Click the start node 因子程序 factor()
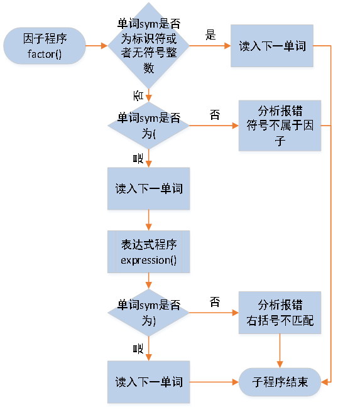(45, 46)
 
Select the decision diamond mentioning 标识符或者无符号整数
(149, 46)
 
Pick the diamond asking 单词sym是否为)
(149, 313)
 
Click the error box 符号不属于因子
(280, 125)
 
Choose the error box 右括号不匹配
(280, 313)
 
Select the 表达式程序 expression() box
(148, 252)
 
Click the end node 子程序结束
(280, 382)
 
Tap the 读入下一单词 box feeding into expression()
(148, 188)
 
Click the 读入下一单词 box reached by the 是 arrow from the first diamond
(271, 46)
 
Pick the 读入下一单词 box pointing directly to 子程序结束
(148, 382)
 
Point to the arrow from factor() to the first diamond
(96, 46)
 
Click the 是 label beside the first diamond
(210, 35)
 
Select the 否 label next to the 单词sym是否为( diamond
(215, 115)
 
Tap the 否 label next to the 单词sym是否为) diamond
(215, 303)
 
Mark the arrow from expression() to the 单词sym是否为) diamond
(148, 281)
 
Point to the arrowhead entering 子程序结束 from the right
(325, 382)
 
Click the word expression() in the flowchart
(148, 260)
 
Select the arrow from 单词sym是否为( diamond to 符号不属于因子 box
(214, 126)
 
